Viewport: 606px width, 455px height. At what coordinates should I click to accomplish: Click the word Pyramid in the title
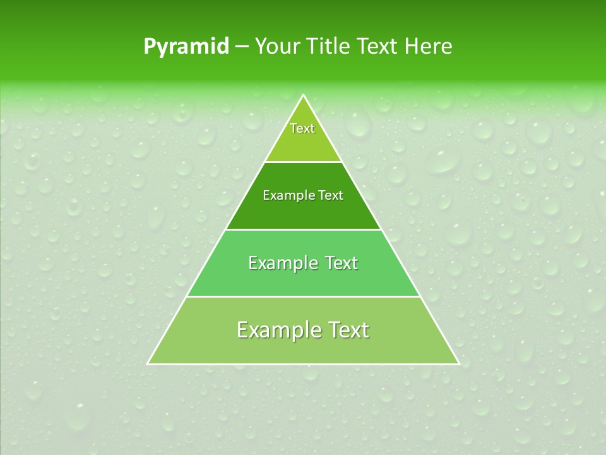[186, 47]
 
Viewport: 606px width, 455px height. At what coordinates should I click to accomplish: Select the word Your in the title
[278, 46]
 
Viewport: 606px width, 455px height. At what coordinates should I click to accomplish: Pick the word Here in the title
[429, 46]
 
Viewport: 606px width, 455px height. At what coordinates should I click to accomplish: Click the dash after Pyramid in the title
[242, 47]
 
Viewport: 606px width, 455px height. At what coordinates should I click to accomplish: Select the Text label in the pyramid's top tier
[302, 128]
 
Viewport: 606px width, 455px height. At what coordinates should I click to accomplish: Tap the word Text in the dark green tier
[331, 196]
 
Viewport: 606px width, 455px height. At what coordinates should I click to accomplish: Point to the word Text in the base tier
[347, 331]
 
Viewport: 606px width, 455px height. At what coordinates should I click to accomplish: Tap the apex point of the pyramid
[304, 95]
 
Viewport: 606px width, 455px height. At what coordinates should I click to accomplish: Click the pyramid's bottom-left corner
[148, 363]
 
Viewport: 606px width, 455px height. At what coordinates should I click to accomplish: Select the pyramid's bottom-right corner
[458, 363]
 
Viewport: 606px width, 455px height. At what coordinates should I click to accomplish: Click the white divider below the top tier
[304, 162]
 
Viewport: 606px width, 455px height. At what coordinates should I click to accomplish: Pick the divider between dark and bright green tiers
[304, 229]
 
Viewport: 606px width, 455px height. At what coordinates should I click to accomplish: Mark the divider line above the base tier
[304, 296]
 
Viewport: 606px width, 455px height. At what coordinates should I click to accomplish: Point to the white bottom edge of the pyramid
[304, 364]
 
